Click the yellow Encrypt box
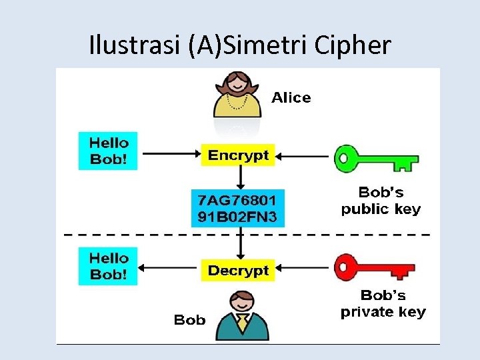click(238, 155)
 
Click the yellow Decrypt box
click(238, 271)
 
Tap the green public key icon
click(379, 159)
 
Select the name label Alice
click(291, 98)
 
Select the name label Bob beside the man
click(189, 320)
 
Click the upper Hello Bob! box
click(108, 151)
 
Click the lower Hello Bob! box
click(108, 267)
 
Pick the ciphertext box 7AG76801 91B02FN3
click(238, 208)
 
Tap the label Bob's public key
click(381, 200)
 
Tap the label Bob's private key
click(382, 303)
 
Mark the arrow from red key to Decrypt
click(303, 269)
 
